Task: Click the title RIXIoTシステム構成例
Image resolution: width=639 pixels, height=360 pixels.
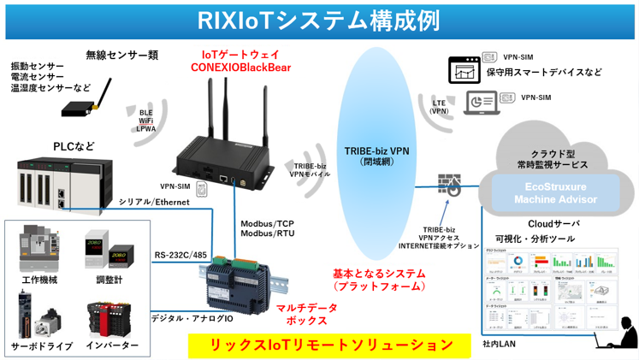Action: tap(318, 18)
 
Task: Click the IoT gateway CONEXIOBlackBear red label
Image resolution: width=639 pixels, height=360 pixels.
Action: tap(240, 60)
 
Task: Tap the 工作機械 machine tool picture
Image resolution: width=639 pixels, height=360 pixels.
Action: tap(38, 250)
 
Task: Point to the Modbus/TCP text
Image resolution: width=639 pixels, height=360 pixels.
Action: tap(267, 221)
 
